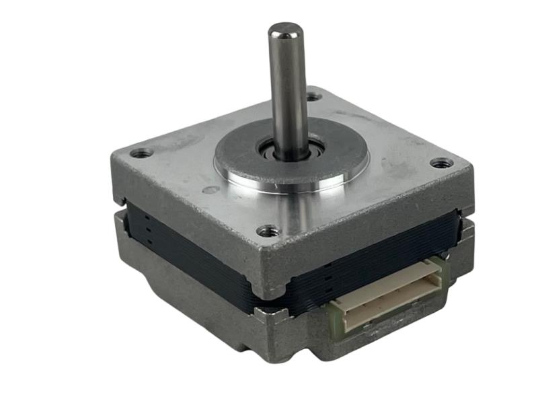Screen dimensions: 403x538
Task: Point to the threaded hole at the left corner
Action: coord(141,153)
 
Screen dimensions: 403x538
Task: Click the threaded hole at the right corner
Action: coord(440,163)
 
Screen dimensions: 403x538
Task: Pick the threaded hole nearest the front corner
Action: coord(268,231)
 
